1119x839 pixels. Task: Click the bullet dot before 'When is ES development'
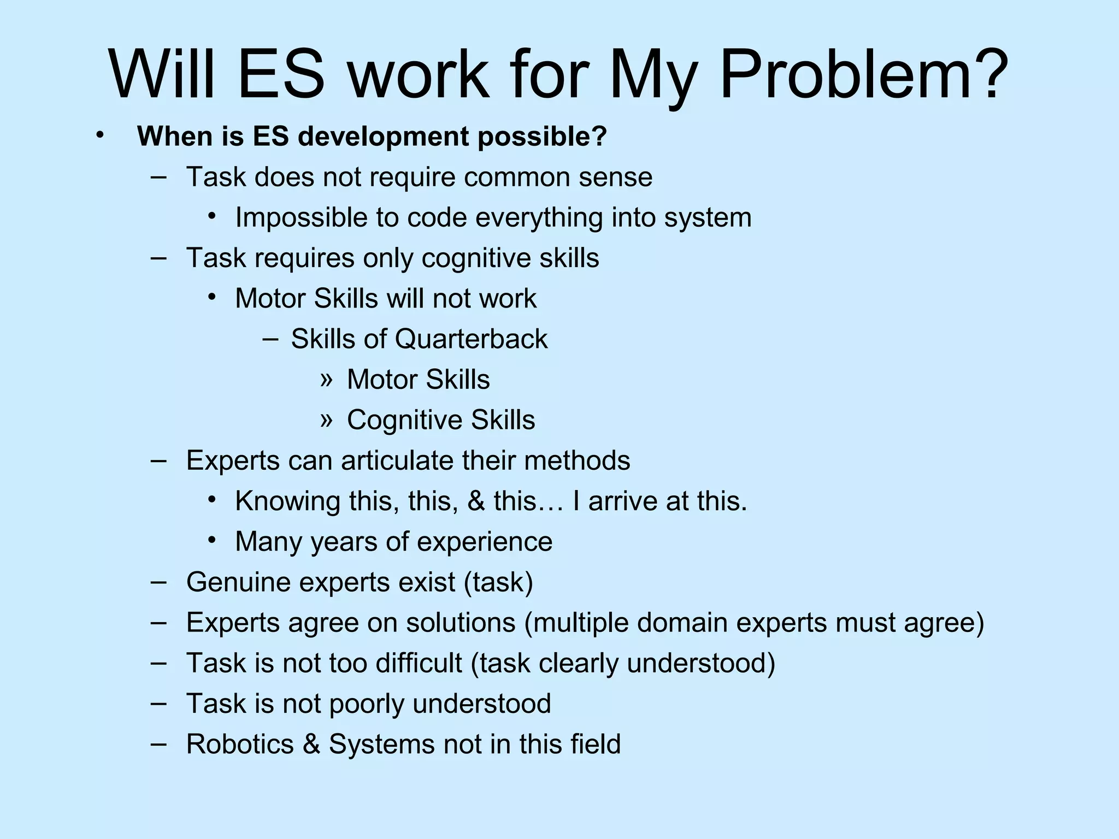(x=99, y=134)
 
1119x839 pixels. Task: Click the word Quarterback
(x=470, y=339)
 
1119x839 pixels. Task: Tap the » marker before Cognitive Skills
(x=326, y=419)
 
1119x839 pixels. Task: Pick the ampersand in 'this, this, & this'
(x=475, y=501)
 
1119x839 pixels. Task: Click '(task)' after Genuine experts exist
(x=498, y=582)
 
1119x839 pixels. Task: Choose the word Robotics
(x=240, y=744)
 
